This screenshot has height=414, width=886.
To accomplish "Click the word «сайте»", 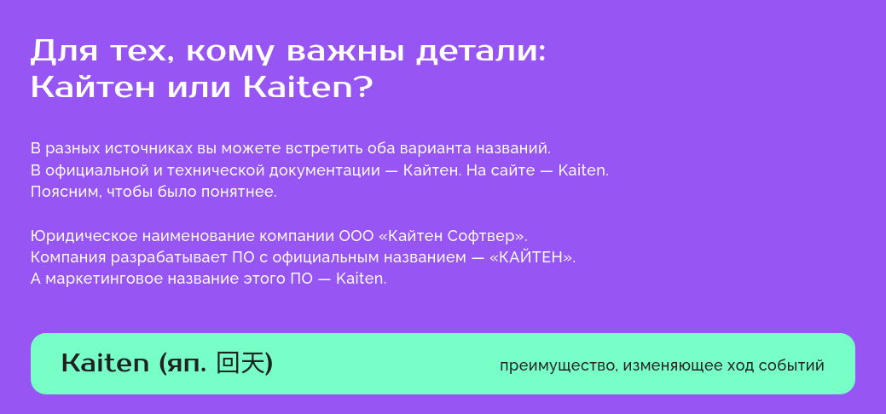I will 526,170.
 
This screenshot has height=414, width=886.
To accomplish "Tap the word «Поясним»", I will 66,192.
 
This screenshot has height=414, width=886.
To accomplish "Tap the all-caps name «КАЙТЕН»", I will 533,256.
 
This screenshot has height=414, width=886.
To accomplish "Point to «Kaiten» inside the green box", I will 106,364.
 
